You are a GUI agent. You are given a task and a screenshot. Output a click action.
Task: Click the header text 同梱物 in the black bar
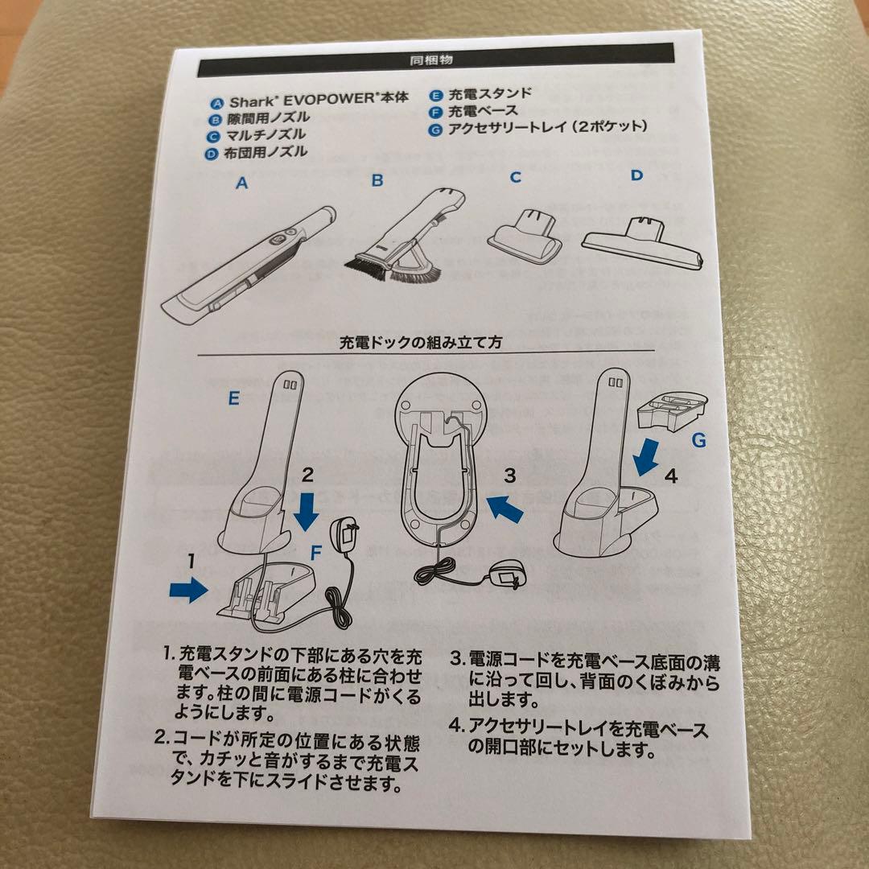[431, 60]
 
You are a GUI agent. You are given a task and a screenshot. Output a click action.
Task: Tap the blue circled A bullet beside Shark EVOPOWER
[217, 103]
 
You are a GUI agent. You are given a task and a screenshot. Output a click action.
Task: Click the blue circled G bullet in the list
[436, 130]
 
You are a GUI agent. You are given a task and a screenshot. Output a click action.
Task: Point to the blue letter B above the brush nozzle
[377, 180]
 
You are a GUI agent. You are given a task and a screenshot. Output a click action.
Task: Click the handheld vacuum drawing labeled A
[249, 266]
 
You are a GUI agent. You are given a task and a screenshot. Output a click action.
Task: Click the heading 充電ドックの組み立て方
[421, 342]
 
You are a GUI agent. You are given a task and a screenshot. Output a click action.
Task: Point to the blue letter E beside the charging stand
[234, 398]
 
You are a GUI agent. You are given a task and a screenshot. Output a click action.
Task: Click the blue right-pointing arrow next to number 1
[188, 590]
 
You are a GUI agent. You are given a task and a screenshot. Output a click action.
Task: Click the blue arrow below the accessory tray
[645, 457]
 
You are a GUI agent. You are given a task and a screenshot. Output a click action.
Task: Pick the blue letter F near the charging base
[316, 553]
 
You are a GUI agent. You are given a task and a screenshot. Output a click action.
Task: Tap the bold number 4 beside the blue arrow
[671, 476]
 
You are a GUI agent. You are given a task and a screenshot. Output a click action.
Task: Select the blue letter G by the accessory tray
[699, 440]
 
